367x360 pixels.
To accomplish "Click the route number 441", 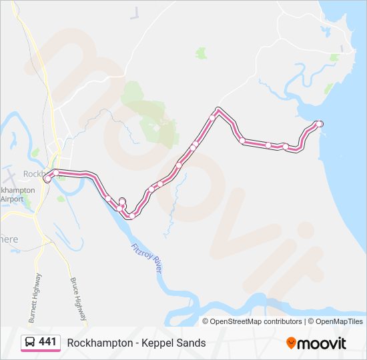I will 47,342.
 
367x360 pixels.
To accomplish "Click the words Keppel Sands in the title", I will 176,343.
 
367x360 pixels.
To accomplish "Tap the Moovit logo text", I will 323,343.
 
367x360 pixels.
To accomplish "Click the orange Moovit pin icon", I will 292,343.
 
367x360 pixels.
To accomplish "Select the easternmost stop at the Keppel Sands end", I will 320,123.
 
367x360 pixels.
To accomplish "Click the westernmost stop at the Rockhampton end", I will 47,179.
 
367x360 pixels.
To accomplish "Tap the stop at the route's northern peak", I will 218,110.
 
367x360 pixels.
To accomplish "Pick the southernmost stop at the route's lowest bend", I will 131,215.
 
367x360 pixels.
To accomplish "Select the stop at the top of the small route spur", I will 122,201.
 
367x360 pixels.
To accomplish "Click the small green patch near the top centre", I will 201,53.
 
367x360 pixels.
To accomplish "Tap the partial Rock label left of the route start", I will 33,173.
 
